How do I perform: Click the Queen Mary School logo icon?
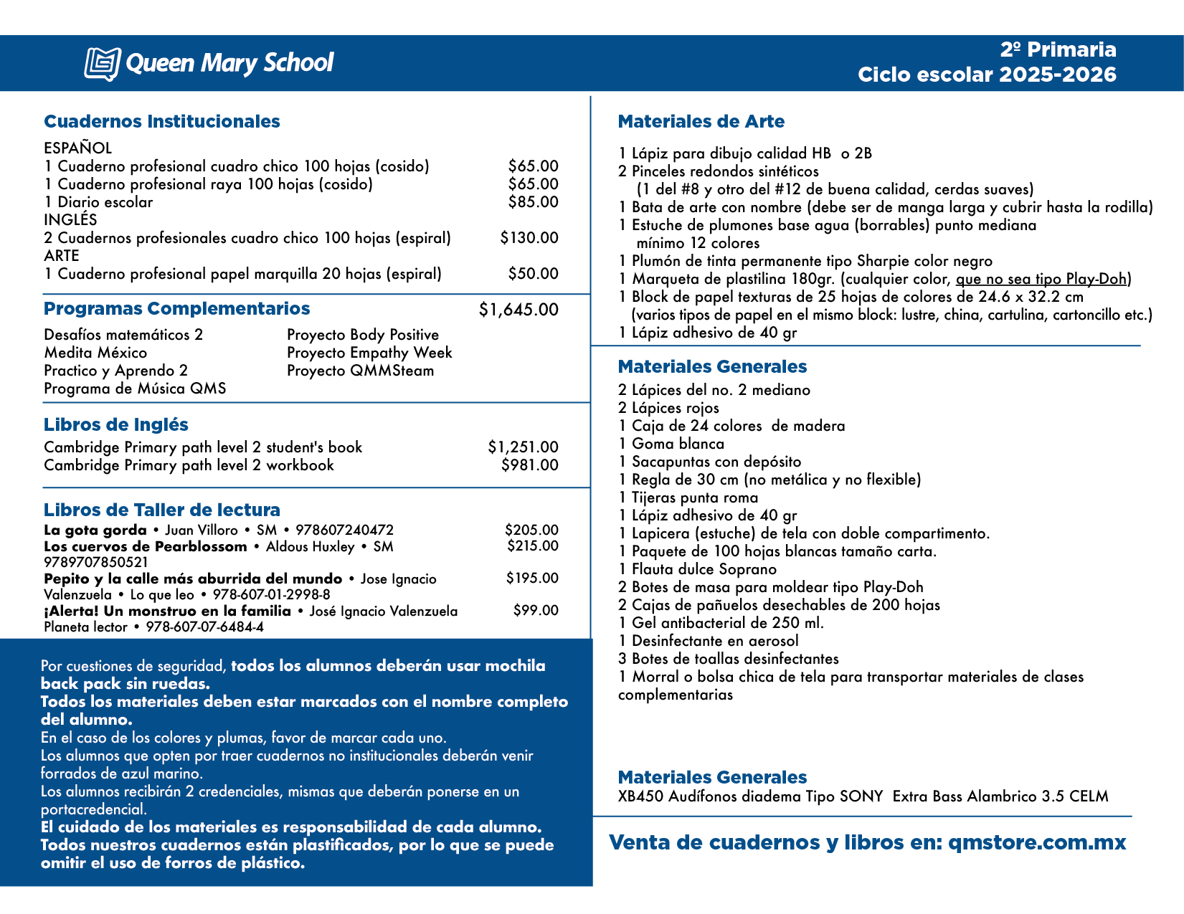click(102, 64)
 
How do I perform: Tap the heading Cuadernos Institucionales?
click(162, 122)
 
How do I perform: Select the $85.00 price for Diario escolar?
click(533, 202)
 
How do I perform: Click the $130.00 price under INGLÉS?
click(529, 238)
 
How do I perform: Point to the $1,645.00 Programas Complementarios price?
click(518, 310)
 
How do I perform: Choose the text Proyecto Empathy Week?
click(369, 353)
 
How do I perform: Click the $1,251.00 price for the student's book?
click(523, 447)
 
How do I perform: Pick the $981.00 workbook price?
click(529, 465)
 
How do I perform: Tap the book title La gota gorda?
click(95, 530)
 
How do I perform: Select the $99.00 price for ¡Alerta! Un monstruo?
click(535, 611)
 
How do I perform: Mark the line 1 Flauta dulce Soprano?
click(697, 569)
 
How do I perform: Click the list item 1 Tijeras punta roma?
click(688, 498)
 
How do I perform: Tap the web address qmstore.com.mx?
click(1037, 842)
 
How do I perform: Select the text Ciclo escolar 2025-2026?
click(987, 75)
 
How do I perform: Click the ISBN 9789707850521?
click(96, 563)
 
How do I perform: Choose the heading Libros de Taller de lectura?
click(162, 510)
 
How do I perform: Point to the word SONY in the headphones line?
click(863, 796)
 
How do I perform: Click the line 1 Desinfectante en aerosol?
click(708, 641)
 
